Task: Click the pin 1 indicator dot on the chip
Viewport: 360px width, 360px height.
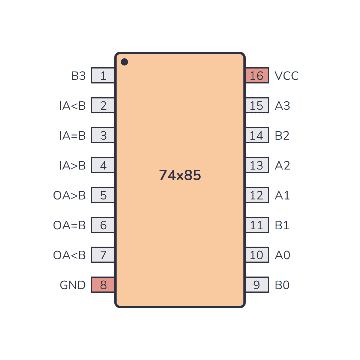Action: click(124, 62)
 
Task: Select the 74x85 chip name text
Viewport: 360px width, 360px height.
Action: click(180, 175)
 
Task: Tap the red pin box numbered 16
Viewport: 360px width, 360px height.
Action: click(257, 75)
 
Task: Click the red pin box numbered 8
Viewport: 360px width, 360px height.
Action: click(103, 285)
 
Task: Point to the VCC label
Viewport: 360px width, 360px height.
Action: click(287, 76)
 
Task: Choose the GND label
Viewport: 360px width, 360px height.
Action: click(73, 285)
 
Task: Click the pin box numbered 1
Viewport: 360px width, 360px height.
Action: click(103, 75)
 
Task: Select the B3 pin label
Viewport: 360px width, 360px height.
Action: click(78, 76)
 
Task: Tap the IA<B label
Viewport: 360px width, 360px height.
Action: click(72, 106)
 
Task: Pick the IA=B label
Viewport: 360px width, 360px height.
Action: click(72, 135)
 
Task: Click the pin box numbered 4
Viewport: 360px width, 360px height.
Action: click(103, 165)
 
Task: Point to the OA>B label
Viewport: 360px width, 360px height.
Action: click(69, 195)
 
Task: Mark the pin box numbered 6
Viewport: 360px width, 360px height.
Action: click(103, 225)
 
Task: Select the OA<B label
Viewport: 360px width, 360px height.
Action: click(69, 255)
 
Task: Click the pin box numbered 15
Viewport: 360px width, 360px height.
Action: click(257, 105)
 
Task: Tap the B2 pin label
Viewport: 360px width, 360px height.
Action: click(282, 135)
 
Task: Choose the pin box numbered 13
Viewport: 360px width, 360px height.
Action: click(257, 165)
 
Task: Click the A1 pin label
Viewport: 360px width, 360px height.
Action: click(282, 195)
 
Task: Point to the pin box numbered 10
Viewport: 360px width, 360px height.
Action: click(257, 255)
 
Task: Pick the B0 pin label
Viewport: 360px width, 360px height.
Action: click(282, 285)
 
